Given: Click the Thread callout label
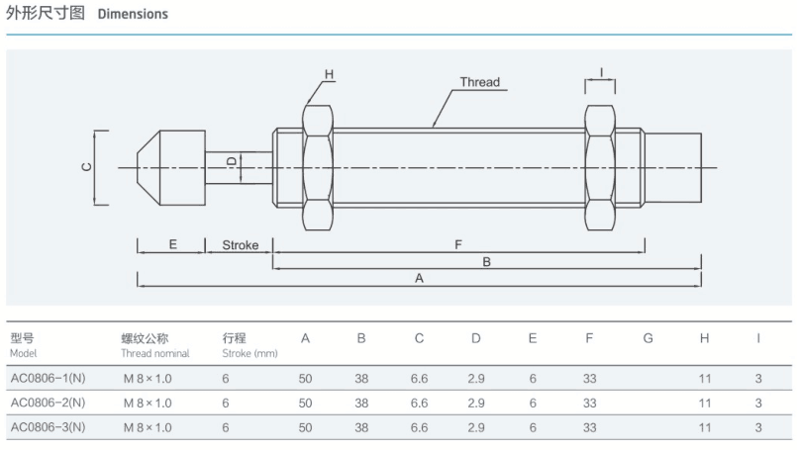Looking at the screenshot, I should pyautogui.click(x=479, y=82).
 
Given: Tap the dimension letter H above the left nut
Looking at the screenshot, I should pyautogui.click(x=330, y=74).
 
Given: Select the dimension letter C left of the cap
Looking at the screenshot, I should pyautogui.click(x=86, y=167).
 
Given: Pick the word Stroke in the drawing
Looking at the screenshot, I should pyautogui.click(x=240, y=245).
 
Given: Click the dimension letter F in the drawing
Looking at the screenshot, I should pyautogui.click(x=457, y=244).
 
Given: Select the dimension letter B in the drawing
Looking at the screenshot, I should pyautogui.click(x=486, y=262).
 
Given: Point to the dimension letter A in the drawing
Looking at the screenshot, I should pyautogui.click(x=420, y=279).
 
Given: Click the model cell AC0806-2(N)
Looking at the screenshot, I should pyautogui.click(x=48, y=403).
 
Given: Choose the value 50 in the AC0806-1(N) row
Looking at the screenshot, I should pyautogui.click(x=305, y=377).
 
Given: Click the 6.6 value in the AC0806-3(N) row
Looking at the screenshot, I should pyautogui.click(x=419, y=428).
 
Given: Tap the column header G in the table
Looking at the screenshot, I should pyautogui.click(x=648, y=338).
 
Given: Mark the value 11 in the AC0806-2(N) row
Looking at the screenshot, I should pyautogui.click(x=705, y=403).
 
